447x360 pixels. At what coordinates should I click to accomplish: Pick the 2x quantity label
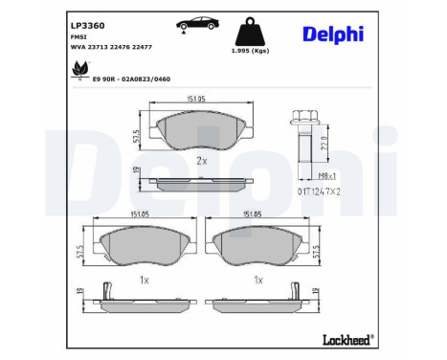(x=201, y=161)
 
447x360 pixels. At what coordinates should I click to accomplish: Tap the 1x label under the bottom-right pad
(x=258, y=280)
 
